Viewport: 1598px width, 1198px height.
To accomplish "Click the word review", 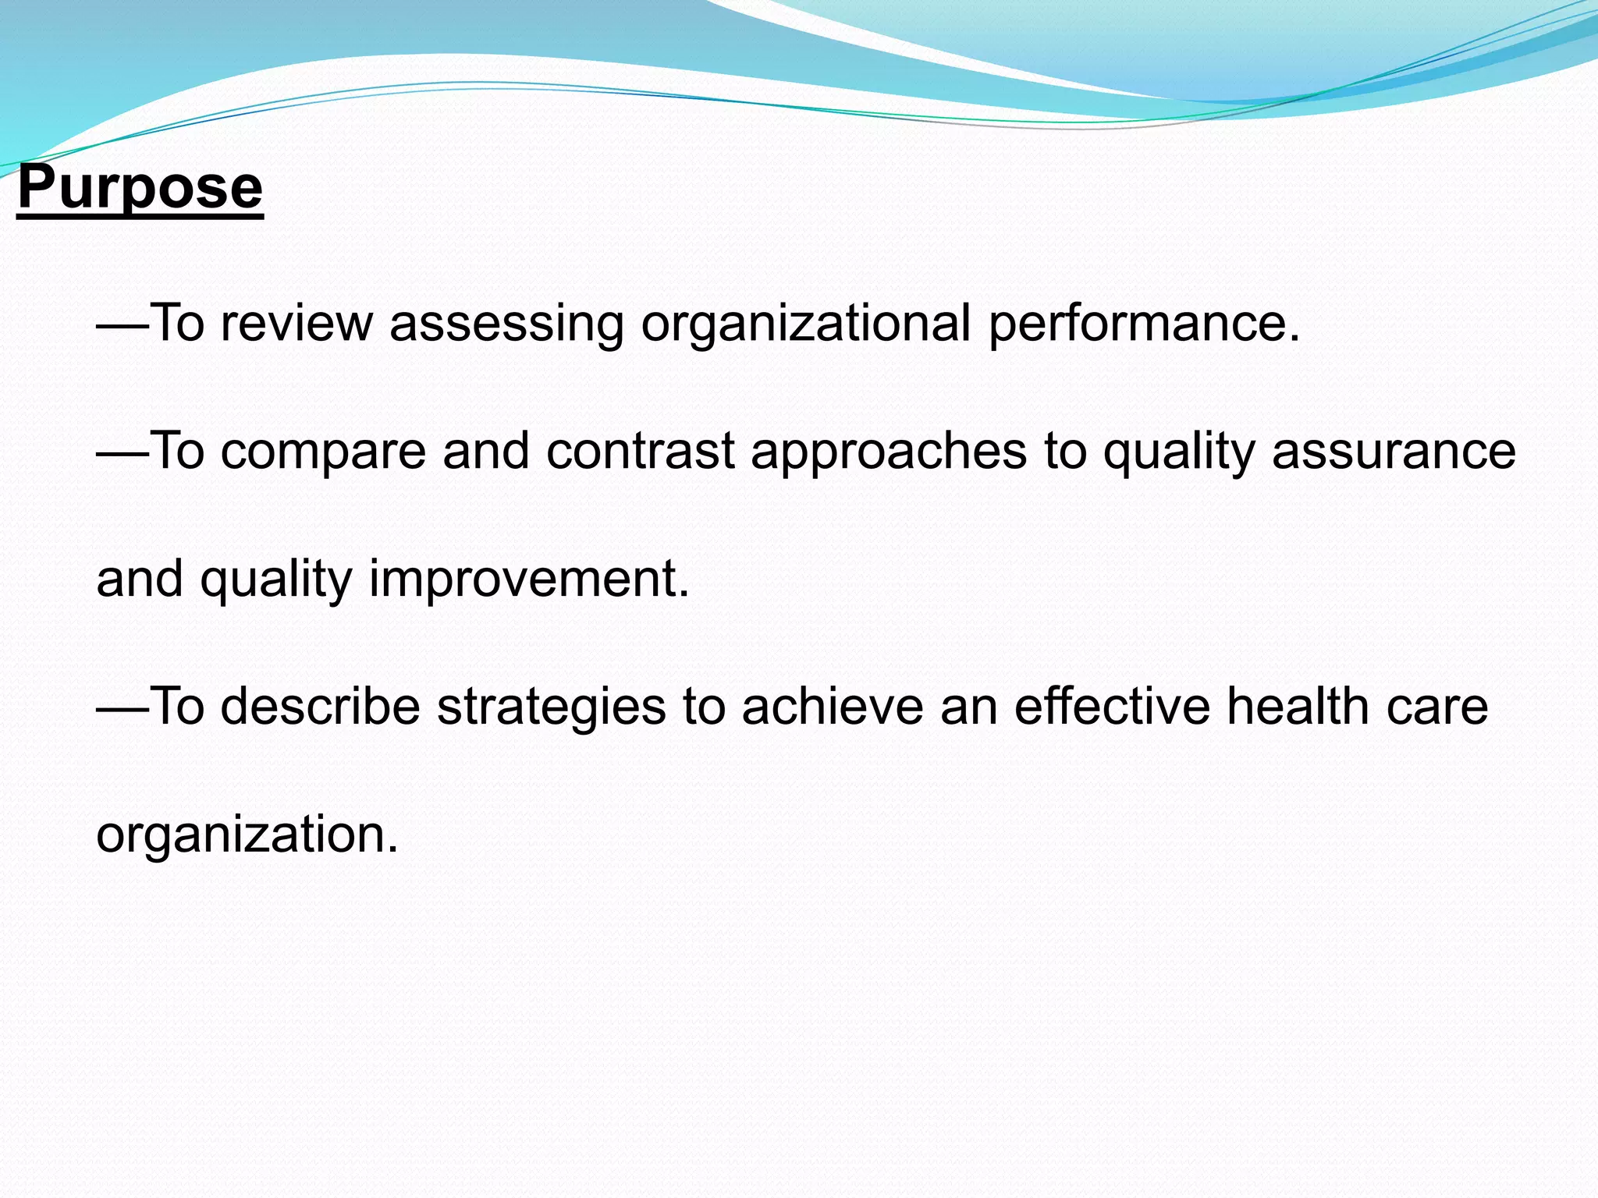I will [297, 323].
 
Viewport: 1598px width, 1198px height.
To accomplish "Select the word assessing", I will [506, 323].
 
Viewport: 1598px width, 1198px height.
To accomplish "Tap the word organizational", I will [805, 323].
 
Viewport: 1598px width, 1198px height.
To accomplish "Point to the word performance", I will [1143, 323].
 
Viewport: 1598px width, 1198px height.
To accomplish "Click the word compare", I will [323, 451].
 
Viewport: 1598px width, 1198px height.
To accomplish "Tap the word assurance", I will [1394, 451].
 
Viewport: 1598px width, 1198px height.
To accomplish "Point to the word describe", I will [320, 707].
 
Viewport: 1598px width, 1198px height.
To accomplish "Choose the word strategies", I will [551, 707].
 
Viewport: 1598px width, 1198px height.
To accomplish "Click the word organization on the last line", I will [247, 835].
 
